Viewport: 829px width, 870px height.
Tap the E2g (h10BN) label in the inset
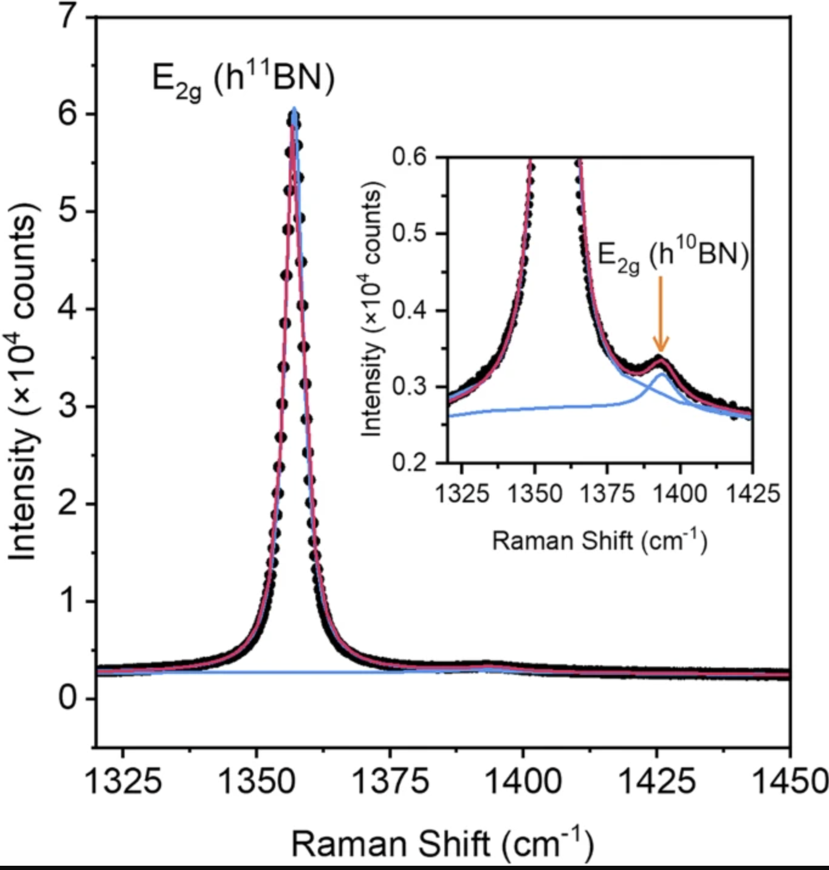tap(673, 255)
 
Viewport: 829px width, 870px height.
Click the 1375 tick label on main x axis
tap(390, 781)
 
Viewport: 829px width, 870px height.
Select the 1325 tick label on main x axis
tap(123, 781)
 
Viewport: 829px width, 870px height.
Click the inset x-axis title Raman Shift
tap(599, 540)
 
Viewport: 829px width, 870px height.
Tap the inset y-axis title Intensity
tap(372, 309)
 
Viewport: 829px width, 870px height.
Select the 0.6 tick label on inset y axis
tap(411, 157)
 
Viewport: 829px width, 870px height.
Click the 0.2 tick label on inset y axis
tap(411, 463)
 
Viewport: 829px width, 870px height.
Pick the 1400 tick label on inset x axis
tap(679, 493)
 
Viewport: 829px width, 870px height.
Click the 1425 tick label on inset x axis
tap(752, 493)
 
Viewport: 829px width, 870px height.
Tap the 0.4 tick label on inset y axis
tap(411, 310)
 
